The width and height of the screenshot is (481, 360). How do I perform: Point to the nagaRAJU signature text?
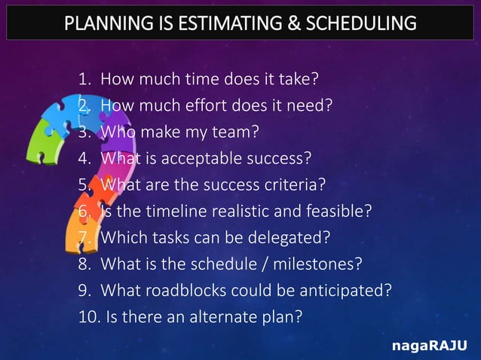tap(430, 345)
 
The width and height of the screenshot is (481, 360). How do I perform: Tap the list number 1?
tap(83, 79)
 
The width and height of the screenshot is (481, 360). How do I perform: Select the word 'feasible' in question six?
tap(339, 211)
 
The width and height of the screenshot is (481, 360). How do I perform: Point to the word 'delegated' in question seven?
tap(290, 237)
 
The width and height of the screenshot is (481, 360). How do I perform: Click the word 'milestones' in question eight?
tap(318, 264)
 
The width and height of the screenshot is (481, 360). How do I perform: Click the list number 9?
tap(83, 290)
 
